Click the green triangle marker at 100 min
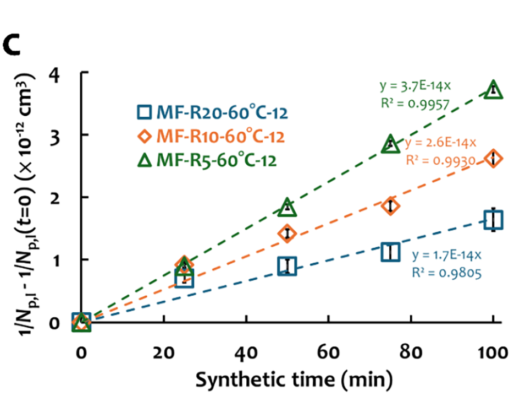tap(494, 90)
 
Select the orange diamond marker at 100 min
tap(494, 159)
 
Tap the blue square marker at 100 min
tap(494, 220)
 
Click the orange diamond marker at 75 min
tap(390, 206)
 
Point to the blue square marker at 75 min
tap(390, 252)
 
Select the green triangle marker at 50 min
tap(287, 208)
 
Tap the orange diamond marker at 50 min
tap(287, 234)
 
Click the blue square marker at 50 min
tap(287, 266)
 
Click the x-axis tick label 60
tap(328, 351)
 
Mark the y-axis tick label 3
tap(69, 135)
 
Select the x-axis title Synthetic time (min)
tap(294, 380)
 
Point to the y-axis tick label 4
tap(69, 73)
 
